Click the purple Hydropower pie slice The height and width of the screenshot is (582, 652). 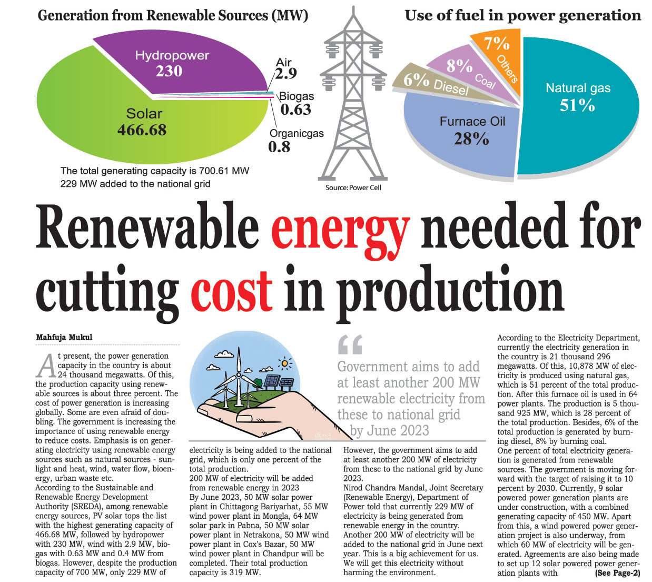coord(174,63)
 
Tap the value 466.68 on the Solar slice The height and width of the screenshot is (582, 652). coord(142,130)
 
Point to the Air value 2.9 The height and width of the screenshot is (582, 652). coord(286,73)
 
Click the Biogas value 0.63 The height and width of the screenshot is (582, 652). coord(295,110)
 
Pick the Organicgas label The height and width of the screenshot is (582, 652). coord(297,133)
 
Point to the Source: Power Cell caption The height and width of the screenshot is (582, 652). coord(353,188)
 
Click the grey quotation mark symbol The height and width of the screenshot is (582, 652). coord(350,345)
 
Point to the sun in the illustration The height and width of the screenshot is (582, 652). coord(285,363)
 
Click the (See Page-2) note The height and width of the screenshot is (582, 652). coord(617,573)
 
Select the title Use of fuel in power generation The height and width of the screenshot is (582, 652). coord(522,15)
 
